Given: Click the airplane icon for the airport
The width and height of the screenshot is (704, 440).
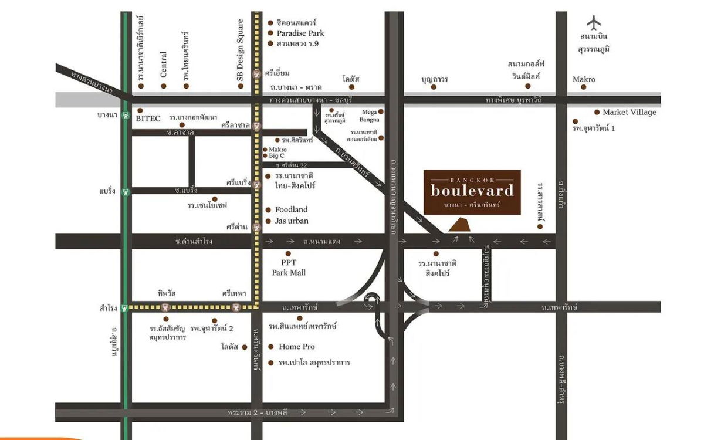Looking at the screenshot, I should (594, 22).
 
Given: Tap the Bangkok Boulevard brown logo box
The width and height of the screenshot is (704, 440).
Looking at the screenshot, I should (472, 192).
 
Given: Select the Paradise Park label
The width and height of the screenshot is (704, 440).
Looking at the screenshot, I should (300, 33).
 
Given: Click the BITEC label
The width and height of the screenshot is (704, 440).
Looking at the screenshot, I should (148, 118).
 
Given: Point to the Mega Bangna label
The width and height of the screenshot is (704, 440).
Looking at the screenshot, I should (370, 116).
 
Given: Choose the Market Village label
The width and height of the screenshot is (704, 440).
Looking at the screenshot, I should (629, 112).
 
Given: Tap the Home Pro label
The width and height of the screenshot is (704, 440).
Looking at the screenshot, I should (296, 347).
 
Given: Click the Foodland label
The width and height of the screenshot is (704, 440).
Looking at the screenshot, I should (291, 209).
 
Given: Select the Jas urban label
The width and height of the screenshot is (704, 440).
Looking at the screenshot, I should (292, 221).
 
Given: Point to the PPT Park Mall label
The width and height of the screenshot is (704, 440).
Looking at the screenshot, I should (288, 268).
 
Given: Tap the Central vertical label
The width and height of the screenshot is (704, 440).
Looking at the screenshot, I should (164, 65).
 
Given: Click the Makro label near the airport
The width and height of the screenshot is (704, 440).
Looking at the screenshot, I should (584, 79).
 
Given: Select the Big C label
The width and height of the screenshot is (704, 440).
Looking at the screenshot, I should (277, 156).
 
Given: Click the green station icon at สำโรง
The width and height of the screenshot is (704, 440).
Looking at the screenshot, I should (124, 307).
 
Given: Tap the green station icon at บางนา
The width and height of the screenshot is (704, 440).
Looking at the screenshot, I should (124, 116).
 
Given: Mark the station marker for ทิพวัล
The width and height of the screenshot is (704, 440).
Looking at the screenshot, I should (167, 307).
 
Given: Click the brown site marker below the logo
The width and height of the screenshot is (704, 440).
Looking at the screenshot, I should (459, 225).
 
